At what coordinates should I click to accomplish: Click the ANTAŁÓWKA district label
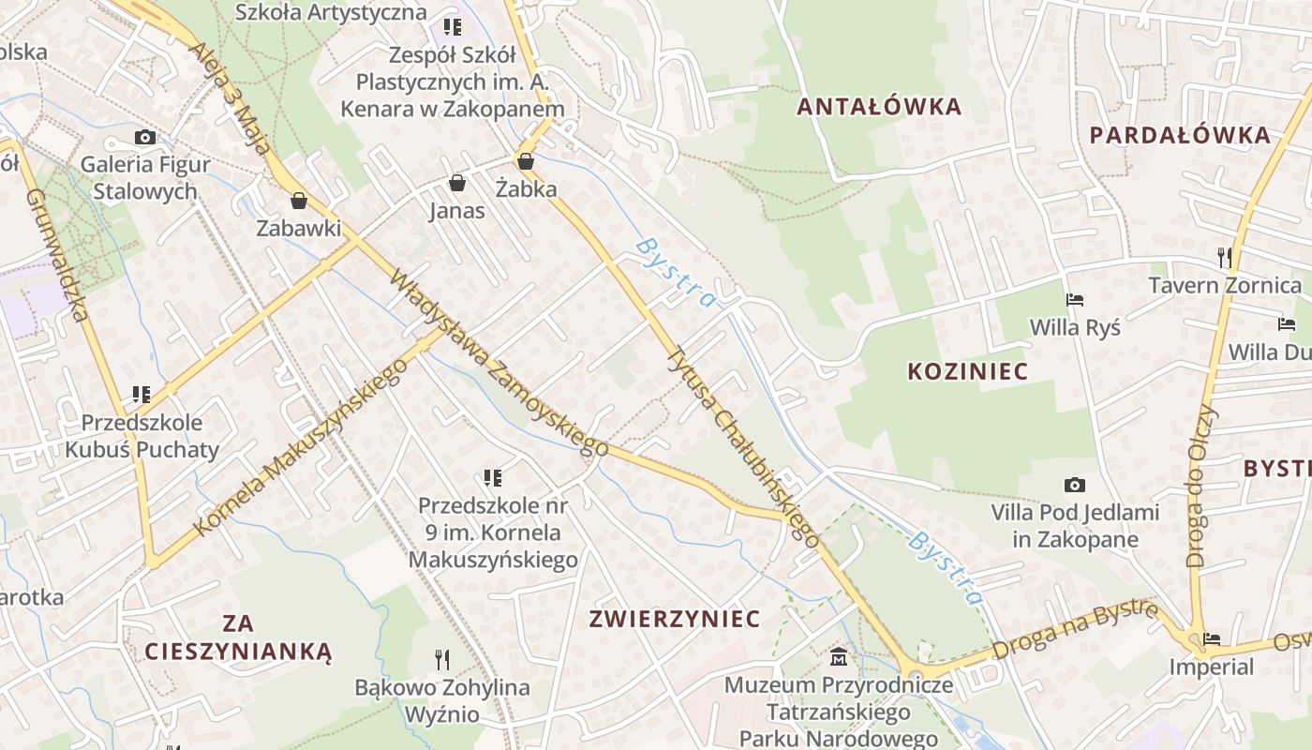pyautogui.click(x=879, y=106)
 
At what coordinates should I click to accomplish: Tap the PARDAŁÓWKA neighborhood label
pyautogui.click(x=1180, y=134)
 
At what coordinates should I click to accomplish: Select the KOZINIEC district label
pyautogui.click(x=967, y=371)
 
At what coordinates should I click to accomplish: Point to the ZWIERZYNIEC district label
pyautogui.click(x=674, y=619)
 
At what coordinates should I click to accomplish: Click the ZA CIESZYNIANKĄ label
pyautogui.click(x=238, y=637)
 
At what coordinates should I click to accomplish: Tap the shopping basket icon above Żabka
pyautogui.click(x=526, y=161)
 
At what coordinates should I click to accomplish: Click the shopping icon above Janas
pyautogui.click(x=457, y=182)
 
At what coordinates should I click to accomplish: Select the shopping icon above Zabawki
pyautogui.click(x=299, y=201)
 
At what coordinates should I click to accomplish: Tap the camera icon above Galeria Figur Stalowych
pyautogui.click(x=144, y=138)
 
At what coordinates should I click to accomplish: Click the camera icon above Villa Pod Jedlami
pyautogui.click(x=1075, y=486)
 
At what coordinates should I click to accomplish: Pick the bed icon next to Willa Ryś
pyautogui.click(x=1075, y=301)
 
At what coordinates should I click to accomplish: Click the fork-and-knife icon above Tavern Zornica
pyautogui.click(x=1224, y=257)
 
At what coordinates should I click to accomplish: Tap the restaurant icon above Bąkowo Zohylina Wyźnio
pyautogui.click(x=442, y=660)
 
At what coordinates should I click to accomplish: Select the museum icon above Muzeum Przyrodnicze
pyautogui.click(x=839, y=657)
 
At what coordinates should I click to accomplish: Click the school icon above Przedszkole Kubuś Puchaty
pyautogui.click(x=142, y=395)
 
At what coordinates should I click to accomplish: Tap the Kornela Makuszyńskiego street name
pyautogui.click(x=301, y=447)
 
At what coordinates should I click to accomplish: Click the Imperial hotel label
pyautogui.click(x=1211, y=667)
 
